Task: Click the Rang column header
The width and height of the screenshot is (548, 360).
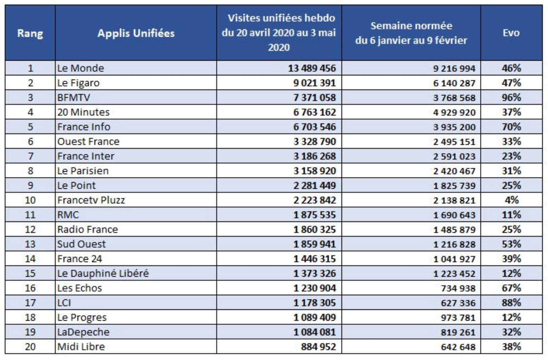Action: pos(30,33)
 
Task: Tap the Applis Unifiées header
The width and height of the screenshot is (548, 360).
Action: pos(136,33)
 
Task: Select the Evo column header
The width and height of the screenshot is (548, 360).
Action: pos(511,33)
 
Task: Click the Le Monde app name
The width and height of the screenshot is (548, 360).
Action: pos(81,68)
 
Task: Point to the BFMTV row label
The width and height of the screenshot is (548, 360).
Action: pos(74,98)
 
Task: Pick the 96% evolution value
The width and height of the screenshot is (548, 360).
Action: pos(511,98)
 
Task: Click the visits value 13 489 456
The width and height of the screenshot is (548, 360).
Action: pos(312,68)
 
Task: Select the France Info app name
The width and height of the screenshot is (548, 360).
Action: pos(84,127)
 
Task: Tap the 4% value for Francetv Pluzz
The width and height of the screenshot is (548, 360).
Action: pos(511,200)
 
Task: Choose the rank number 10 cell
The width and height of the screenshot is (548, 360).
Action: pos(30,200)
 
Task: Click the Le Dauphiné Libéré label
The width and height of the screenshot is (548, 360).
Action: pos(103,273)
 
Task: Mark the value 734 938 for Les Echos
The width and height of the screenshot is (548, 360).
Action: pos(458,288)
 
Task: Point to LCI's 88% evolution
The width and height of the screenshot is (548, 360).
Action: pos(511,303)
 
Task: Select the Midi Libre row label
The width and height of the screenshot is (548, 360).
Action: pos(81,347)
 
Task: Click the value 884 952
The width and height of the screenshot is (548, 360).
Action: pos(318,347)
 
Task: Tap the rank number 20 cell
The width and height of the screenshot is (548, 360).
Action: pos(30,347)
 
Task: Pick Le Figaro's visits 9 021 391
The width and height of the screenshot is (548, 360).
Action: pos(314,83)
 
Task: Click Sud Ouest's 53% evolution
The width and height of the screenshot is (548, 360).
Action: pos(511,244)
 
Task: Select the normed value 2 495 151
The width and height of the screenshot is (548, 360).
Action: pos(454,142)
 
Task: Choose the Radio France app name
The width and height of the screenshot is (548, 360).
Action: pos(88,230)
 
